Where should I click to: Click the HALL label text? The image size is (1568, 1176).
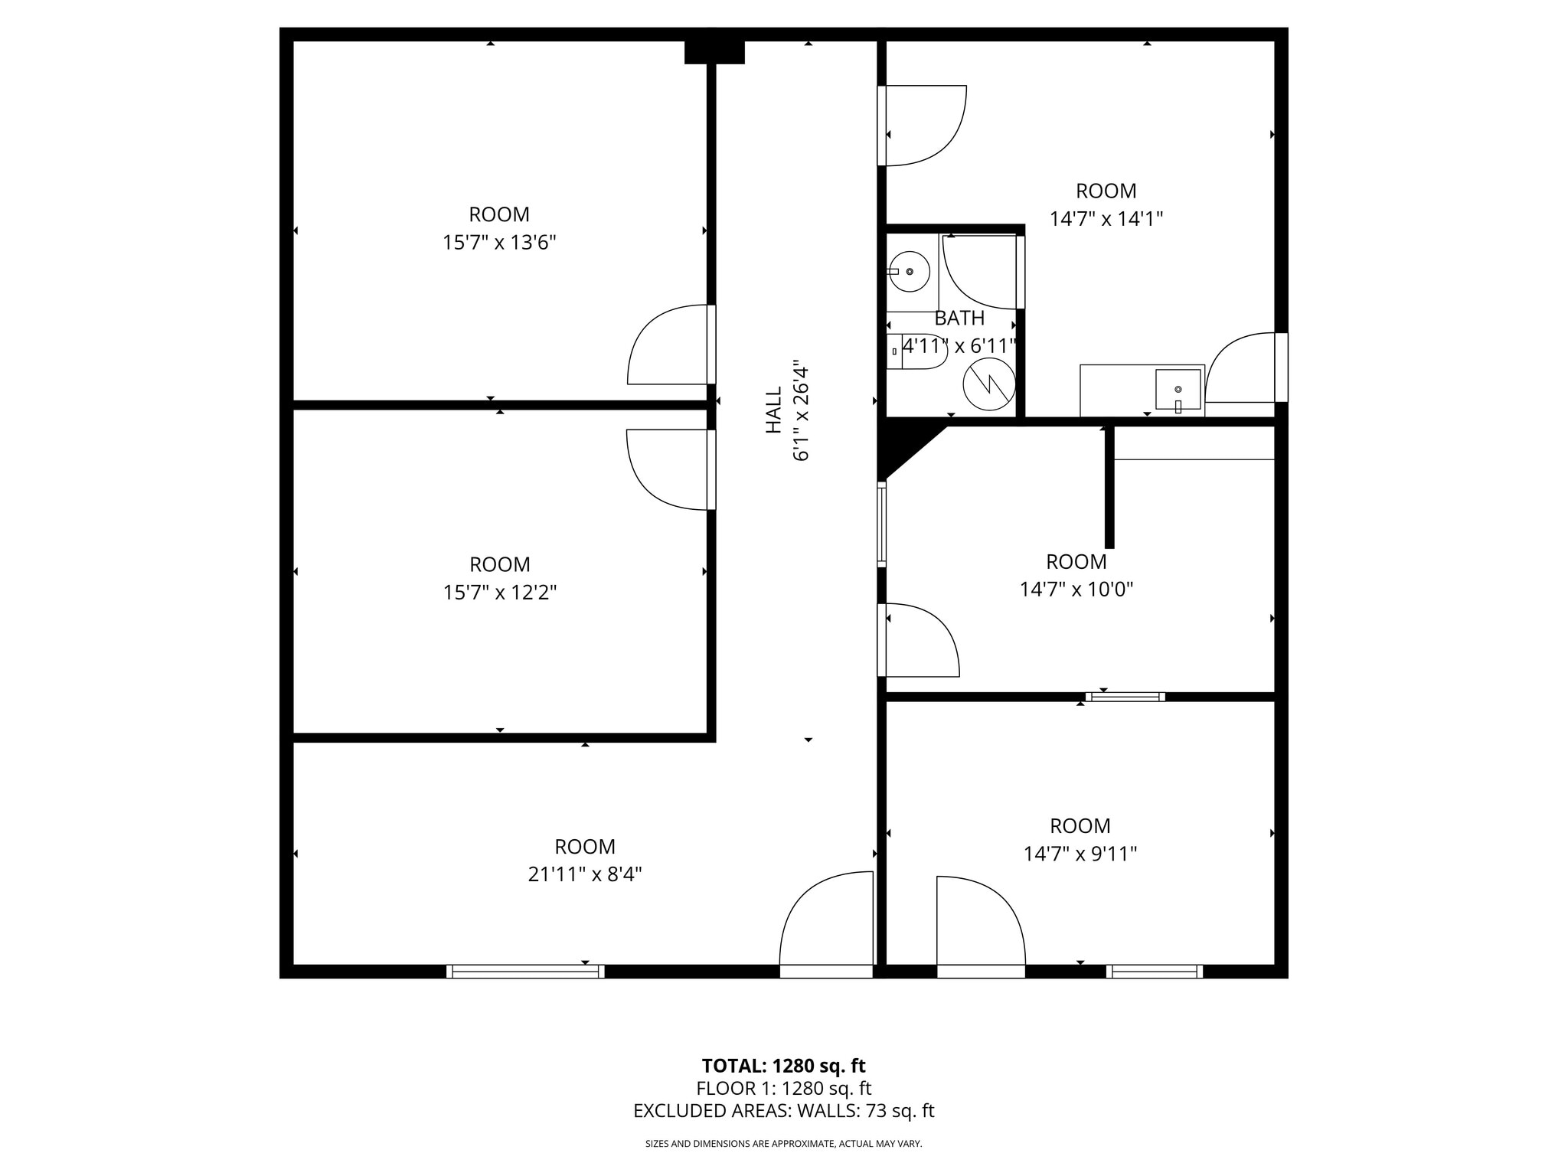(774, 410)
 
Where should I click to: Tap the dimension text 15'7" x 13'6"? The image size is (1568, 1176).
(499, 243)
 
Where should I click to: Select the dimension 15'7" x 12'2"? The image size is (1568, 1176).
(500, 593)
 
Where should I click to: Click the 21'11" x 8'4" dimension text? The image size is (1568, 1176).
(585, 874)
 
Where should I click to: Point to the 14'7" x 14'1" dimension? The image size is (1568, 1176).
(1106, 219)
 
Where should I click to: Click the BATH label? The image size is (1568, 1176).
(959, 318)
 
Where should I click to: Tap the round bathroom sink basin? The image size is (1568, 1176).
(910, 272)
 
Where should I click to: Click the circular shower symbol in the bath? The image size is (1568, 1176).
(989, 384)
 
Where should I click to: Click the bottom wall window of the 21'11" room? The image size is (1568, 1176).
(525, 972)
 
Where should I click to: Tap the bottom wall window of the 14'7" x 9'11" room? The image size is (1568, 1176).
(1155, 972)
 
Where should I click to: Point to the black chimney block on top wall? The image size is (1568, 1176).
(714, 52)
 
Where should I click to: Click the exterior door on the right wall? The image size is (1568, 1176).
(1280, 367)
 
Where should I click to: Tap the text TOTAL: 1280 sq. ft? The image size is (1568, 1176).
(783, 1066)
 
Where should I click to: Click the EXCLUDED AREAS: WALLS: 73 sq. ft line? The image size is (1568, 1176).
(783, 1111)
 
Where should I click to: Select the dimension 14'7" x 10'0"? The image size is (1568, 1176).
(1076, 590)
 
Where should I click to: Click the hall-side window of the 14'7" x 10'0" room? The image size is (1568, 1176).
(882, 524)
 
